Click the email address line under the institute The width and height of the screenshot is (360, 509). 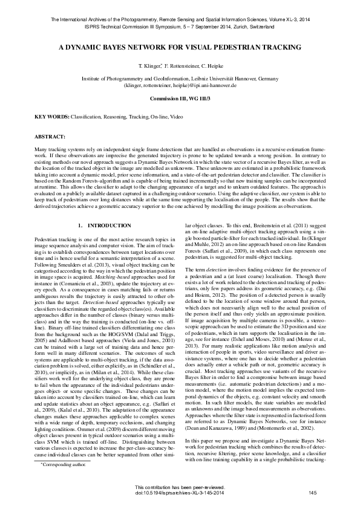pyautogui.click(x=180, y=85)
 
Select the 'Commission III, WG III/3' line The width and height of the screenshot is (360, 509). pyautogui.click(x=180, y=97)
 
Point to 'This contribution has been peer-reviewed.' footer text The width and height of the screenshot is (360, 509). pyautogui.click(x=180, y=488)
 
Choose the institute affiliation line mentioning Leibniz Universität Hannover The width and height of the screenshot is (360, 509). pyautogui.click(x=180, y=79)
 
